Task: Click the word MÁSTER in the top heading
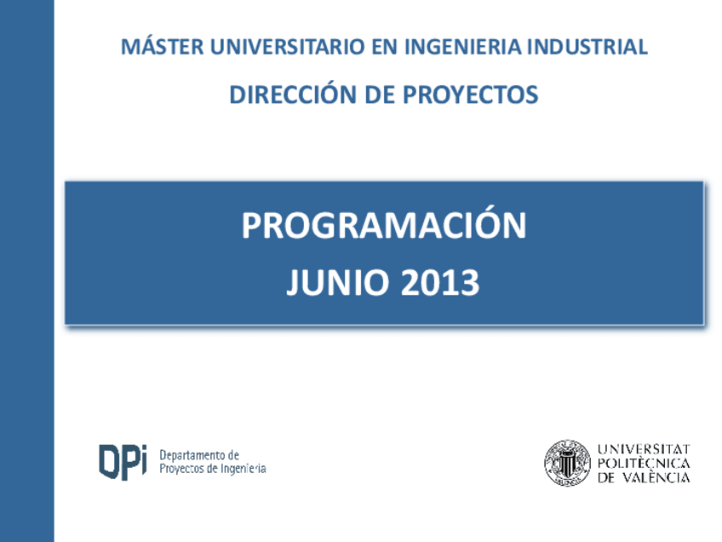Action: [x=162, y=46]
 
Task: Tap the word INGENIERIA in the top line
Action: [x=463, y=47]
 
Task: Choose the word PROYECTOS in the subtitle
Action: [x=470, y=95]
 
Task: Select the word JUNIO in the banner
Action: [x=337, y=282]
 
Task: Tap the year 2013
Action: [x=439, y=282]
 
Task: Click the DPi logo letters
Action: [x=123, y=462]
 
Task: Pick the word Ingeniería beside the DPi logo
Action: [x=244, y=469]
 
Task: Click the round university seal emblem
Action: [x=567, y=463]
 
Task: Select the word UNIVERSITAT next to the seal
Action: [x=644, y=449]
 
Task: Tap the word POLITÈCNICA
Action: [x=644, y=464]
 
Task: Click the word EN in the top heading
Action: [x=385, y=47]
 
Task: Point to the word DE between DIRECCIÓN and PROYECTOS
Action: [x=380, y=95]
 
